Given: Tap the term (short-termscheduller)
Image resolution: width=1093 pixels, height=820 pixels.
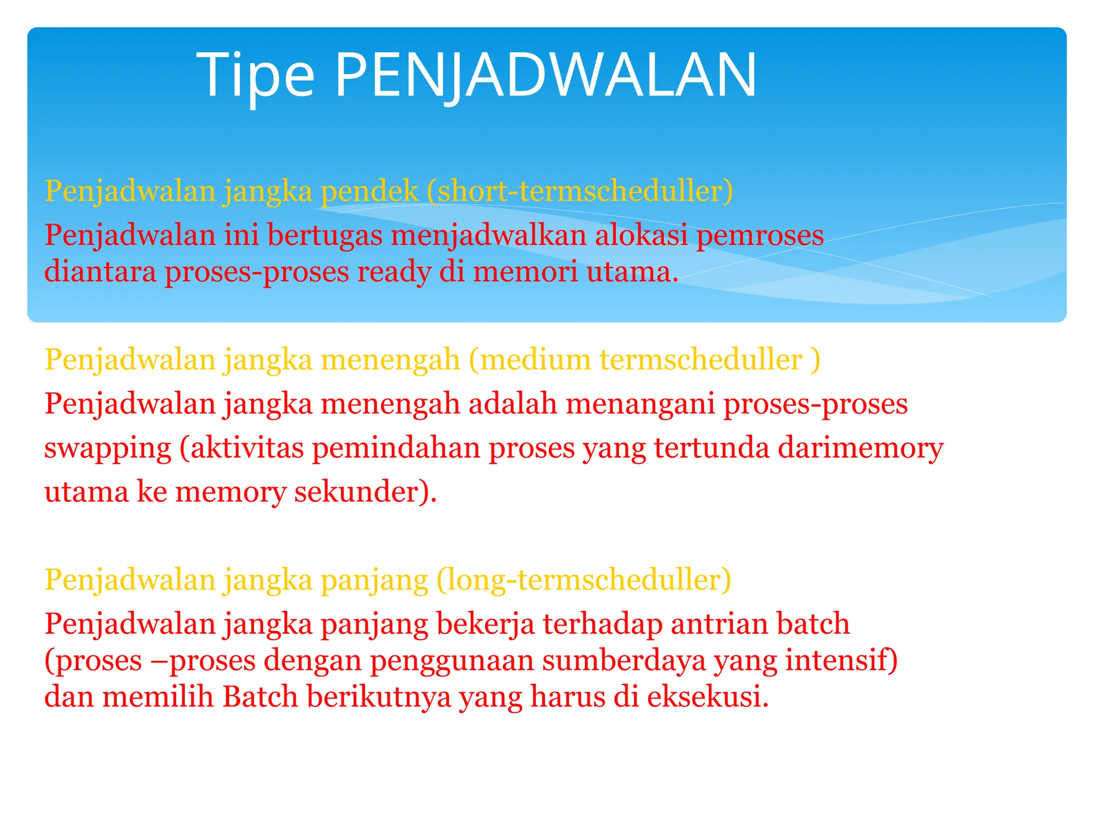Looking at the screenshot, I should pos(580,191).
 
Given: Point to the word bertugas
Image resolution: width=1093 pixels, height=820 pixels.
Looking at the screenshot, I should pos(324,235).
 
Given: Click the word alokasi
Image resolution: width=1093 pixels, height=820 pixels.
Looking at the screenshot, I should pos(641,235).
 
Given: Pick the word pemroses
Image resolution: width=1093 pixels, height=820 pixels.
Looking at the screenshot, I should pos(760,236).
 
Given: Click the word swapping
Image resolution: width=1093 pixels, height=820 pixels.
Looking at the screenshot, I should pos(107,448).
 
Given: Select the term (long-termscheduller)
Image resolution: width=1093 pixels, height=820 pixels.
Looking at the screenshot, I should pos(584,580).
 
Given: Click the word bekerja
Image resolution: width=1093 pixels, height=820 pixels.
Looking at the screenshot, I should pos(485,624).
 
